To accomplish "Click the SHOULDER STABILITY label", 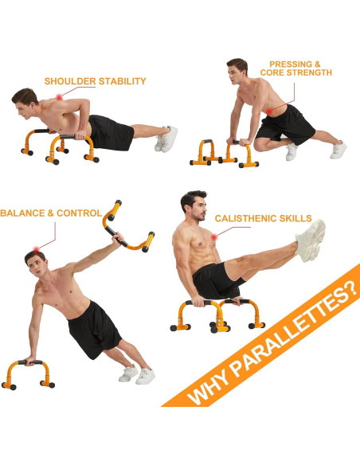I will click(95, 81).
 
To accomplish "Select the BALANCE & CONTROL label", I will click(51, 213).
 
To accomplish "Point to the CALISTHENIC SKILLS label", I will click(263, 218).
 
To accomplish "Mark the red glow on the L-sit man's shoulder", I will click(214, 236).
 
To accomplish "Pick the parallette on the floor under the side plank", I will click(28, 373).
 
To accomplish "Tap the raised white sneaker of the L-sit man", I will click(311, 239).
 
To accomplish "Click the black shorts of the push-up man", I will click(110, 132).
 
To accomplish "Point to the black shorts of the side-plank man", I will click(94, 327).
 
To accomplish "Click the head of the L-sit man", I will click(193, 208).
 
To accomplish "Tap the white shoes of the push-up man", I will click(166, 139).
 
